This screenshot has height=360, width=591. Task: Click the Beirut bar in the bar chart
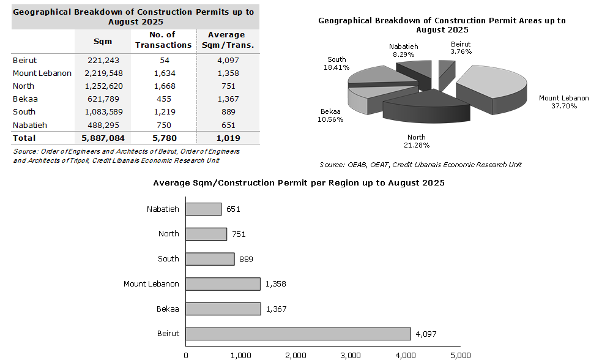[298, 334]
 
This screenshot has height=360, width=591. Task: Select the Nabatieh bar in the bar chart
[203, 209]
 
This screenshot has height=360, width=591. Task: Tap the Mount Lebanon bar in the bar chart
[223, 284]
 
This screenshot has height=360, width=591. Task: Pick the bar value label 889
[246, 259]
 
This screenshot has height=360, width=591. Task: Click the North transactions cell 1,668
[163, 86]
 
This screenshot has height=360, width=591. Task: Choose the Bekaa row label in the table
[23, 99]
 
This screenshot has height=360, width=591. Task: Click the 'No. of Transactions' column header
[163, 40]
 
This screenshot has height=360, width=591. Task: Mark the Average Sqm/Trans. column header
[226, 40]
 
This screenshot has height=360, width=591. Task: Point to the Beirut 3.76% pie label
[461, 48]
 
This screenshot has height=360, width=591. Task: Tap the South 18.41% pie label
[336, 63]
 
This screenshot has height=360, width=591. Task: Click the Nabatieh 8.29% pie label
[403, 50]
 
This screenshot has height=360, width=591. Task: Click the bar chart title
[299, 183]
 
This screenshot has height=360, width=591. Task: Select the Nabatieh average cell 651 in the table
[226, 126]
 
